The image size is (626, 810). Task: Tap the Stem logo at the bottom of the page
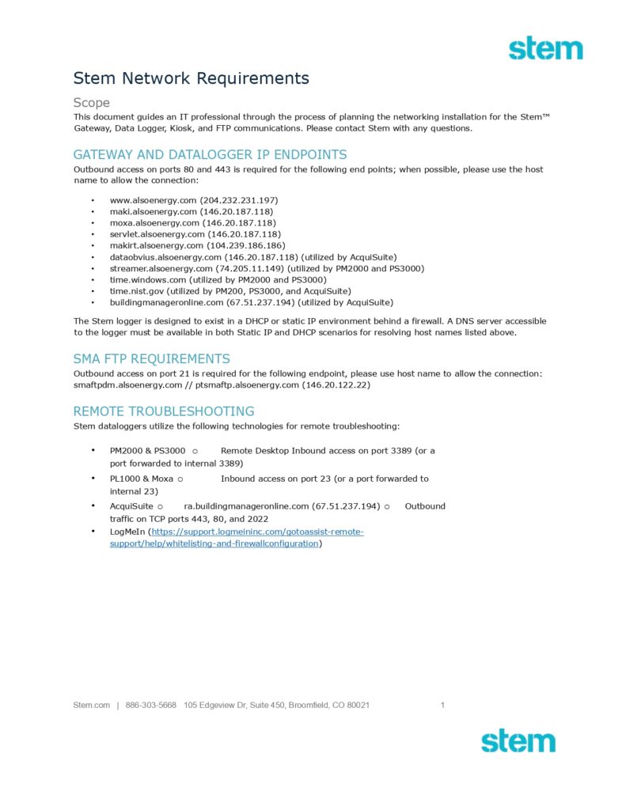click(518, 741)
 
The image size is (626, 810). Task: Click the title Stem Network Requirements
click(191, 78)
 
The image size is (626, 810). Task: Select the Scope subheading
click(91, 103)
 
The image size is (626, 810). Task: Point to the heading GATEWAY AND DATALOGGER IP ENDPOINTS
click(210, 155)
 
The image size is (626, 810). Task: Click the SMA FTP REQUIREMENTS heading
click(152, 359)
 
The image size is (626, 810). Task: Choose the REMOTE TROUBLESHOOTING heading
click(164, 411)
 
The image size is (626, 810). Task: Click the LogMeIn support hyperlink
click(237, 538)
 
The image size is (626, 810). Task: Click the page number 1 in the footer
click(442, 705)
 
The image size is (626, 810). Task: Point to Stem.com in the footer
click(91, 705)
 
